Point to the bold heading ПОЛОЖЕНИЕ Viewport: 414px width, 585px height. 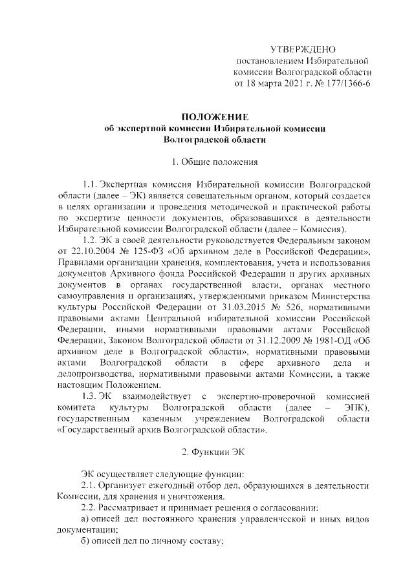(x=214, y=116)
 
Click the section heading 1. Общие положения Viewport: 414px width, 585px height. (x=214, y=161)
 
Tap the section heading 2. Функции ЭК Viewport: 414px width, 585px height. (x=214, y=451)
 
